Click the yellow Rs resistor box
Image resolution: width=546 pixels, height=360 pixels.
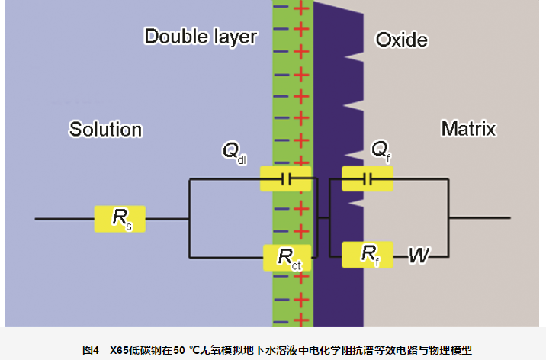120,219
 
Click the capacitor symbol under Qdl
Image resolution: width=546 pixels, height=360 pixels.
287,180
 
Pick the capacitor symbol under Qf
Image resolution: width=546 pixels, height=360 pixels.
368,180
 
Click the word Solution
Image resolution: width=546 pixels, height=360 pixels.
105,129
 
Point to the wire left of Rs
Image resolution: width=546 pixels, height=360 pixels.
64,219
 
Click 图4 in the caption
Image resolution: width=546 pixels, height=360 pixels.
91,350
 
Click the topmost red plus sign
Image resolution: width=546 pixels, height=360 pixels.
300,9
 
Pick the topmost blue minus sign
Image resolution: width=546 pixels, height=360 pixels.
281,8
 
